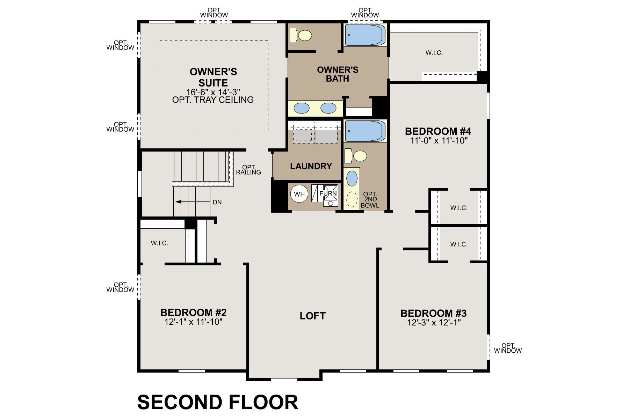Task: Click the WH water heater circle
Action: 299,194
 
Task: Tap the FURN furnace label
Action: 328,193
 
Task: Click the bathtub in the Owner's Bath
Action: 366,35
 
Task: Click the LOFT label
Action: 312,316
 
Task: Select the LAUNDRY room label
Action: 311,166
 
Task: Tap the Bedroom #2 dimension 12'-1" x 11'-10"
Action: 193,322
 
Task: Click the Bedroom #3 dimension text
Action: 434,323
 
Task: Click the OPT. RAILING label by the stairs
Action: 248,170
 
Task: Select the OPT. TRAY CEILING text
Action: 213,100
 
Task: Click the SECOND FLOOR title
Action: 218,402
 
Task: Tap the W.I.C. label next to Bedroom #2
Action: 159,243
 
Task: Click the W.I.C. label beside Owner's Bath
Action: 434,53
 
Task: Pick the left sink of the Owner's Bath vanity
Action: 302,108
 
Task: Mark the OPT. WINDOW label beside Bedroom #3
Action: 508,348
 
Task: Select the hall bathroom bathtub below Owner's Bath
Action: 366,131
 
